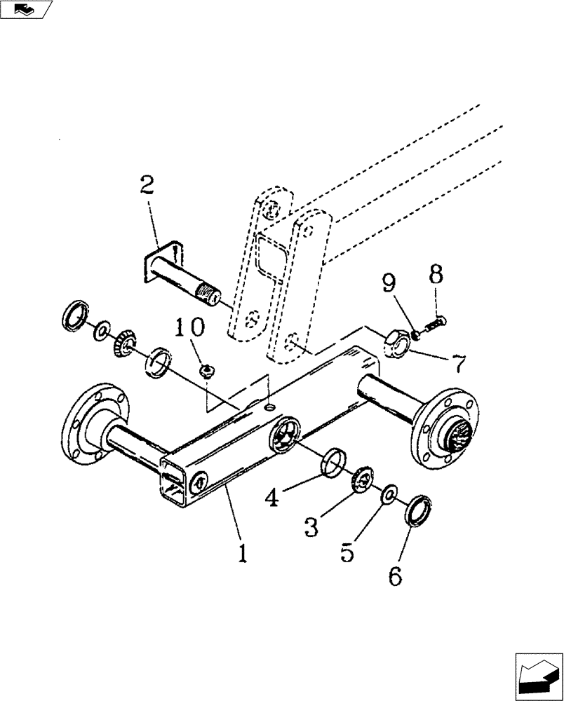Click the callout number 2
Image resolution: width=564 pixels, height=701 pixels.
pos(147,187)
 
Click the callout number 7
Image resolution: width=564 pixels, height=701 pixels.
pos(457,365)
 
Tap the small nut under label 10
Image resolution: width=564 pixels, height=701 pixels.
pos(207,371)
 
